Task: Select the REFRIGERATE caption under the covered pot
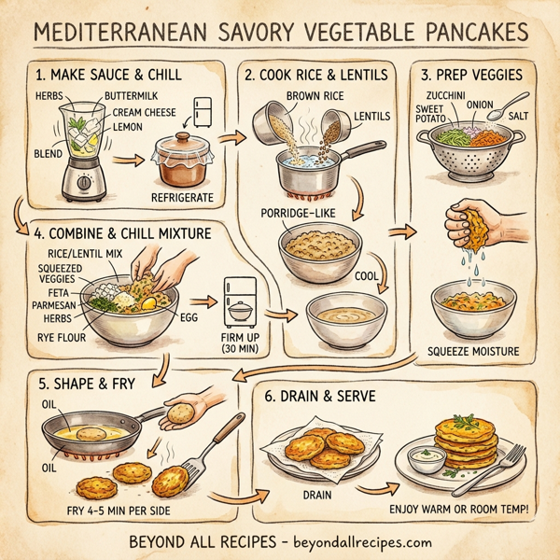pyautogui.click(x=182, y=197)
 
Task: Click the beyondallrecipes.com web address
pyautogui.click(x=354, y=541)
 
